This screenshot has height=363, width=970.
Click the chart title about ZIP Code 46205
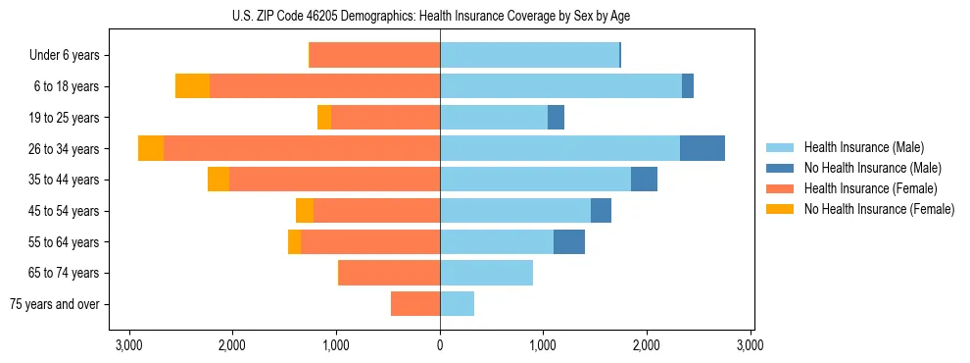pyautogui.click(x=440, y=17)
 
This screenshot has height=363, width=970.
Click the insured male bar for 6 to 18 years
pyautogui.click(x=560, y=86)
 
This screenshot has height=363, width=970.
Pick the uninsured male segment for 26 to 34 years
pyautogui.click(x=703, y=148)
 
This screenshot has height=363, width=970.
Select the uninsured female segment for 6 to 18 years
pyautogui.click(x=193, y=86)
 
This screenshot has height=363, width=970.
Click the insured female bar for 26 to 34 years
pyautogui.click(x=302, y=148)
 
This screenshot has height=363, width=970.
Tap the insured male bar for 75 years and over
pyautogui.click(x=457, y=304)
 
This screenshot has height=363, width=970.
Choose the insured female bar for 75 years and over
pyautogui.click(x=415, y=304)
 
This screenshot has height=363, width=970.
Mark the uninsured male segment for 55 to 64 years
pyautogui.click(x=569, y=241)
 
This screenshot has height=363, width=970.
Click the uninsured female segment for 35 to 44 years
pyautogui.click(x=218, y=180)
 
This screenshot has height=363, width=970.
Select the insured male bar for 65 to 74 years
pyautogui.click(x=486, y=273)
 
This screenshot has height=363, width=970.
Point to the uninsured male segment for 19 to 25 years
pyautogui.click(x=556, y=118)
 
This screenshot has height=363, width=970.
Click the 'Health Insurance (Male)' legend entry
pyautogui.click(x=863, y=147)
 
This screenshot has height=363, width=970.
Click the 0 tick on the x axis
pyautogui.click(x=440, y=345)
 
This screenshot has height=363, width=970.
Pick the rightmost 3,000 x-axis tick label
pyautogui.click(x=750, y=345)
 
